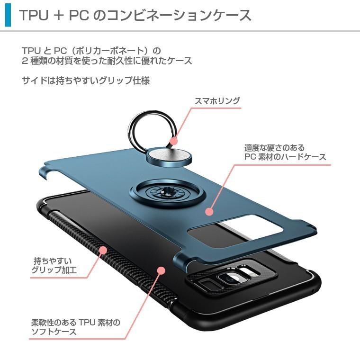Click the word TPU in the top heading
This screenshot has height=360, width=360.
click(34, 15)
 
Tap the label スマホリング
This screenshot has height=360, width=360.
click(217, 101)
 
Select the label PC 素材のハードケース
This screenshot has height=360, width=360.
click(285, 157)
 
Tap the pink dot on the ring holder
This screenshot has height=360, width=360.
click(174, 141)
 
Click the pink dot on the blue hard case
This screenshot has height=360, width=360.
click(209, 212)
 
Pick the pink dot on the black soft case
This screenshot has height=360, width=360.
click(161, 270)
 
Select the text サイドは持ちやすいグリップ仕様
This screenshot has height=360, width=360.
click(86, 81)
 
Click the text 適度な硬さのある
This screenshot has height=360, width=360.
click(274, 147)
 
